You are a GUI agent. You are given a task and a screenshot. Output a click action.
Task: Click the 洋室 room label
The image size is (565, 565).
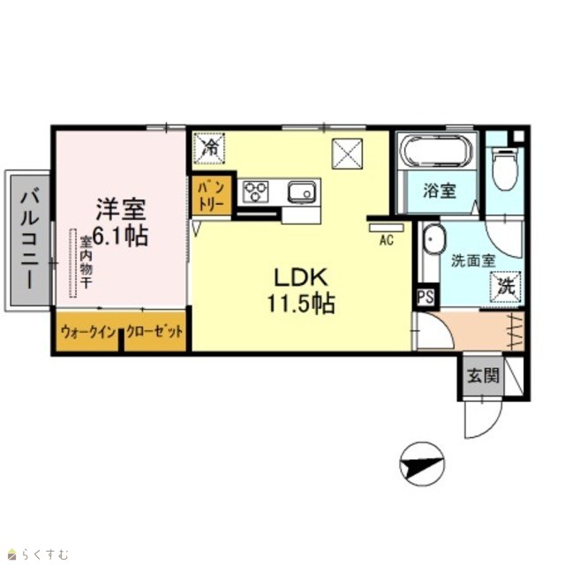pyautogui.click(x=121, y=210)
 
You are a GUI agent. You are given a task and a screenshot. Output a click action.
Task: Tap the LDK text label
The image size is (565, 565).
pyautogui.click(x=301, y=277)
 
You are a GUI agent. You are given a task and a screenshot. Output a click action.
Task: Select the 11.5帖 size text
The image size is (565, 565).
pyautogui.click(x=301, y=304)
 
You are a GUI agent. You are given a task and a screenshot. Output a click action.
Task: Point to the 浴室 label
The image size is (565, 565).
pyautogui.click(x=440, y=191)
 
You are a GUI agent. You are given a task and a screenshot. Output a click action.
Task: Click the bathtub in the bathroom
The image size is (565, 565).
pyautogui.click(x=436, y=150)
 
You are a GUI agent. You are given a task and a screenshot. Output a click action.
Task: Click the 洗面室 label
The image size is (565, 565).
pyautogui.click(x=473, y=260)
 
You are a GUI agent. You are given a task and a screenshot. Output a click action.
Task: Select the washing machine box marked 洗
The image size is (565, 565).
pyautogui.click(x=506, y=286)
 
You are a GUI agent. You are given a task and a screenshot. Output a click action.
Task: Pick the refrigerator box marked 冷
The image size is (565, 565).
pyautogui.click(x=210, y=148)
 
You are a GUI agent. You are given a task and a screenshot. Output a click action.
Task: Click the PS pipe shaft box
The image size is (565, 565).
pyautogui.click(x=426, y=298)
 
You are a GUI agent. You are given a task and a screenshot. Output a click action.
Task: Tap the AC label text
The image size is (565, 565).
pyautogui.click(x=387, y=240)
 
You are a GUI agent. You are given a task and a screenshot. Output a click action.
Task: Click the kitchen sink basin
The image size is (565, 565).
pyautogui.click(x=302, y=192)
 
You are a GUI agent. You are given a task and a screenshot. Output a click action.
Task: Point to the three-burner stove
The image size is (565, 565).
pyautogui.click(x=255, y=191)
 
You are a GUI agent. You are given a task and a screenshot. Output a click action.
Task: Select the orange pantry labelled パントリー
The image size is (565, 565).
pyautogui.click(x=211, y=196)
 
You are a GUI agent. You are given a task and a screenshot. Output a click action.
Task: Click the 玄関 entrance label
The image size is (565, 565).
pyautogui.click(x=483, y=377)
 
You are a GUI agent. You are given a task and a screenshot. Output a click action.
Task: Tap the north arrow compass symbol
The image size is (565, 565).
pyautogui.click(x=422, y=464)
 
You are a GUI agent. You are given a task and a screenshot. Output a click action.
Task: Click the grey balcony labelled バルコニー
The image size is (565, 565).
pyautogui.click(x=29, y=240)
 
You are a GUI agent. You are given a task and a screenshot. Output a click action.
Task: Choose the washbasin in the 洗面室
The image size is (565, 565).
pyautogui.click(x=433, y=239)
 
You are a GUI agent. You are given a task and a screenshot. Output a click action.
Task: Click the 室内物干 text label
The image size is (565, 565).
pyautogui.click(x=86, y=262)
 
